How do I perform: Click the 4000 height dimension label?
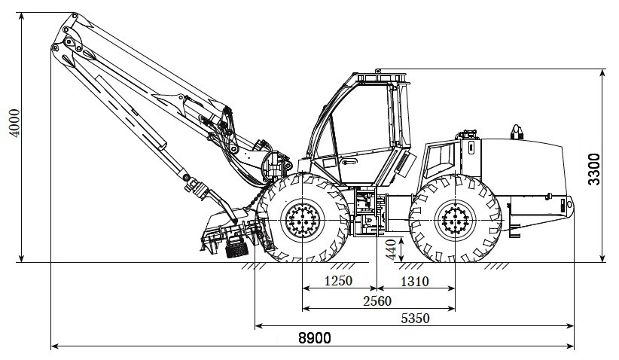tap(14, 124)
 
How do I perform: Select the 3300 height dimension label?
tap(593, 169)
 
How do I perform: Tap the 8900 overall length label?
tap(315, 338)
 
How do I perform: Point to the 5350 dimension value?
tap(415, 318)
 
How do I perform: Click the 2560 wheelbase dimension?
tap(377, 301)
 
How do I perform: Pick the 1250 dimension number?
tap(338, 281)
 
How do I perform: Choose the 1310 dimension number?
tap(415, 282)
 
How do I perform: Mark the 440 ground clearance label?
tap(391, 249)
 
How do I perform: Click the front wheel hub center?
tap(303, 220)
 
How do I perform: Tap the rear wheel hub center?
tap(455, 220)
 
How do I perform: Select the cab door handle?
tap(349, 161)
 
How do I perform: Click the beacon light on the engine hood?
tap(517, 133)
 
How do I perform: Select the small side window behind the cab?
tap(438, 158)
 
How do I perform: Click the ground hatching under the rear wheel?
tap(496, 266)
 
